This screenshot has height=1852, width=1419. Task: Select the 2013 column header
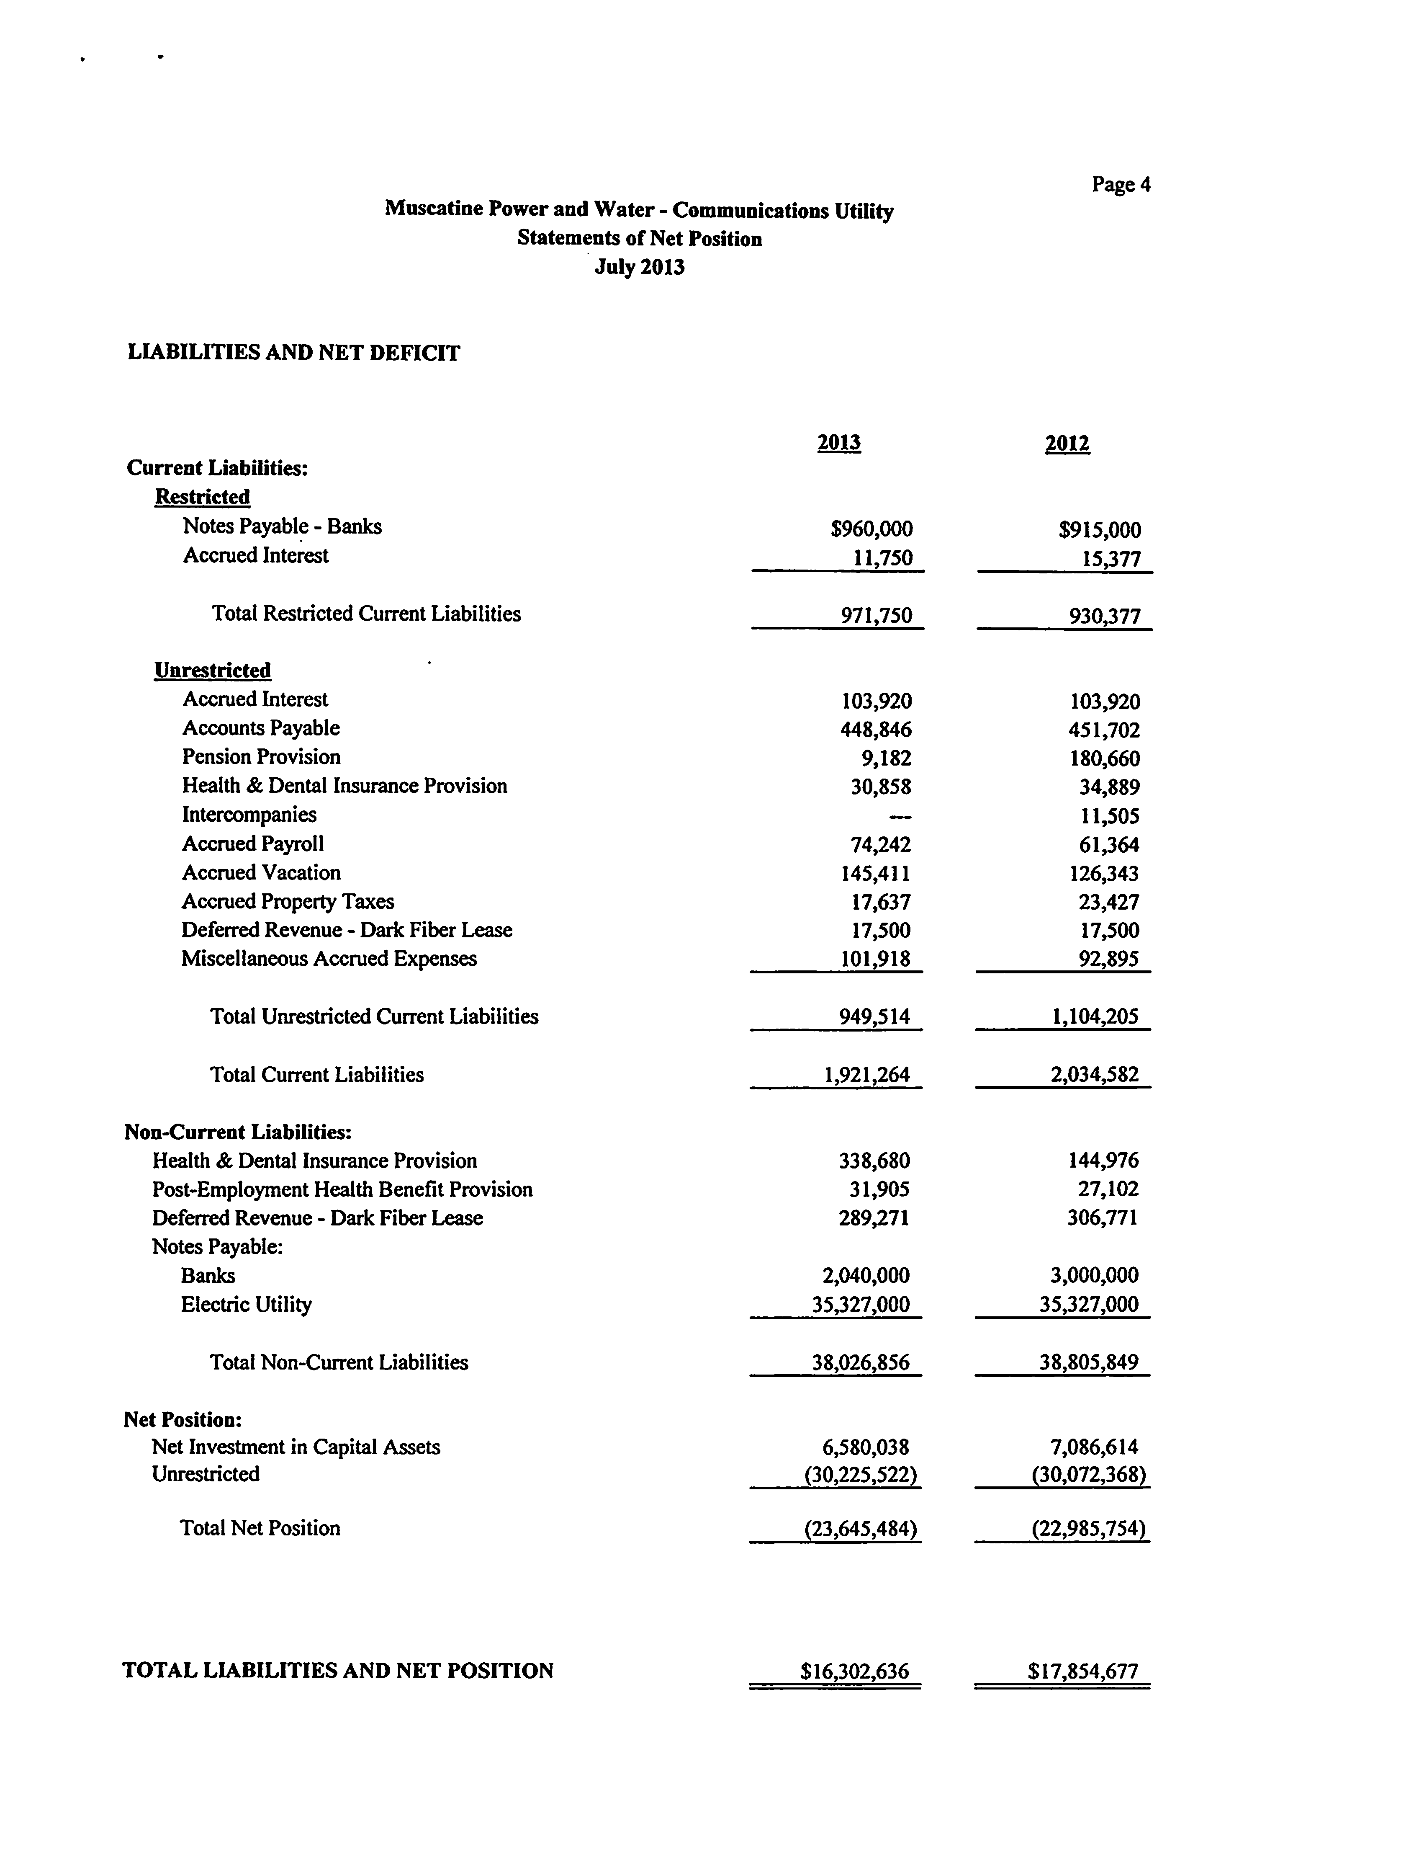point(839,443)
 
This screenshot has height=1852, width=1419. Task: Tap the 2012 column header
point(1067,444)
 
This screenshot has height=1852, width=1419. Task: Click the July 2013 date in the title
point(640,267)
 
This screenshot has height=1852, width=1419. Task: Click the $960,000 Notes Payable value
point(871,529)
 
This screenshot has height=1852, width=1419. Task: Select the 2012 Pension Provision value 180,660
point(1104,759)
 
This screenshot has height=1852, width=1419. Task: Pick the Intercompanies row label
point(249,815)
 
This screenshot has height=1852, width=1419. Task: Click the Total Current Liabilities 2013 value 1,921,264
point(866,1075)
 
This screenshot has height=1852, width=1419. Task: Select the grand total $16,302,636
point(855,1670)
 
